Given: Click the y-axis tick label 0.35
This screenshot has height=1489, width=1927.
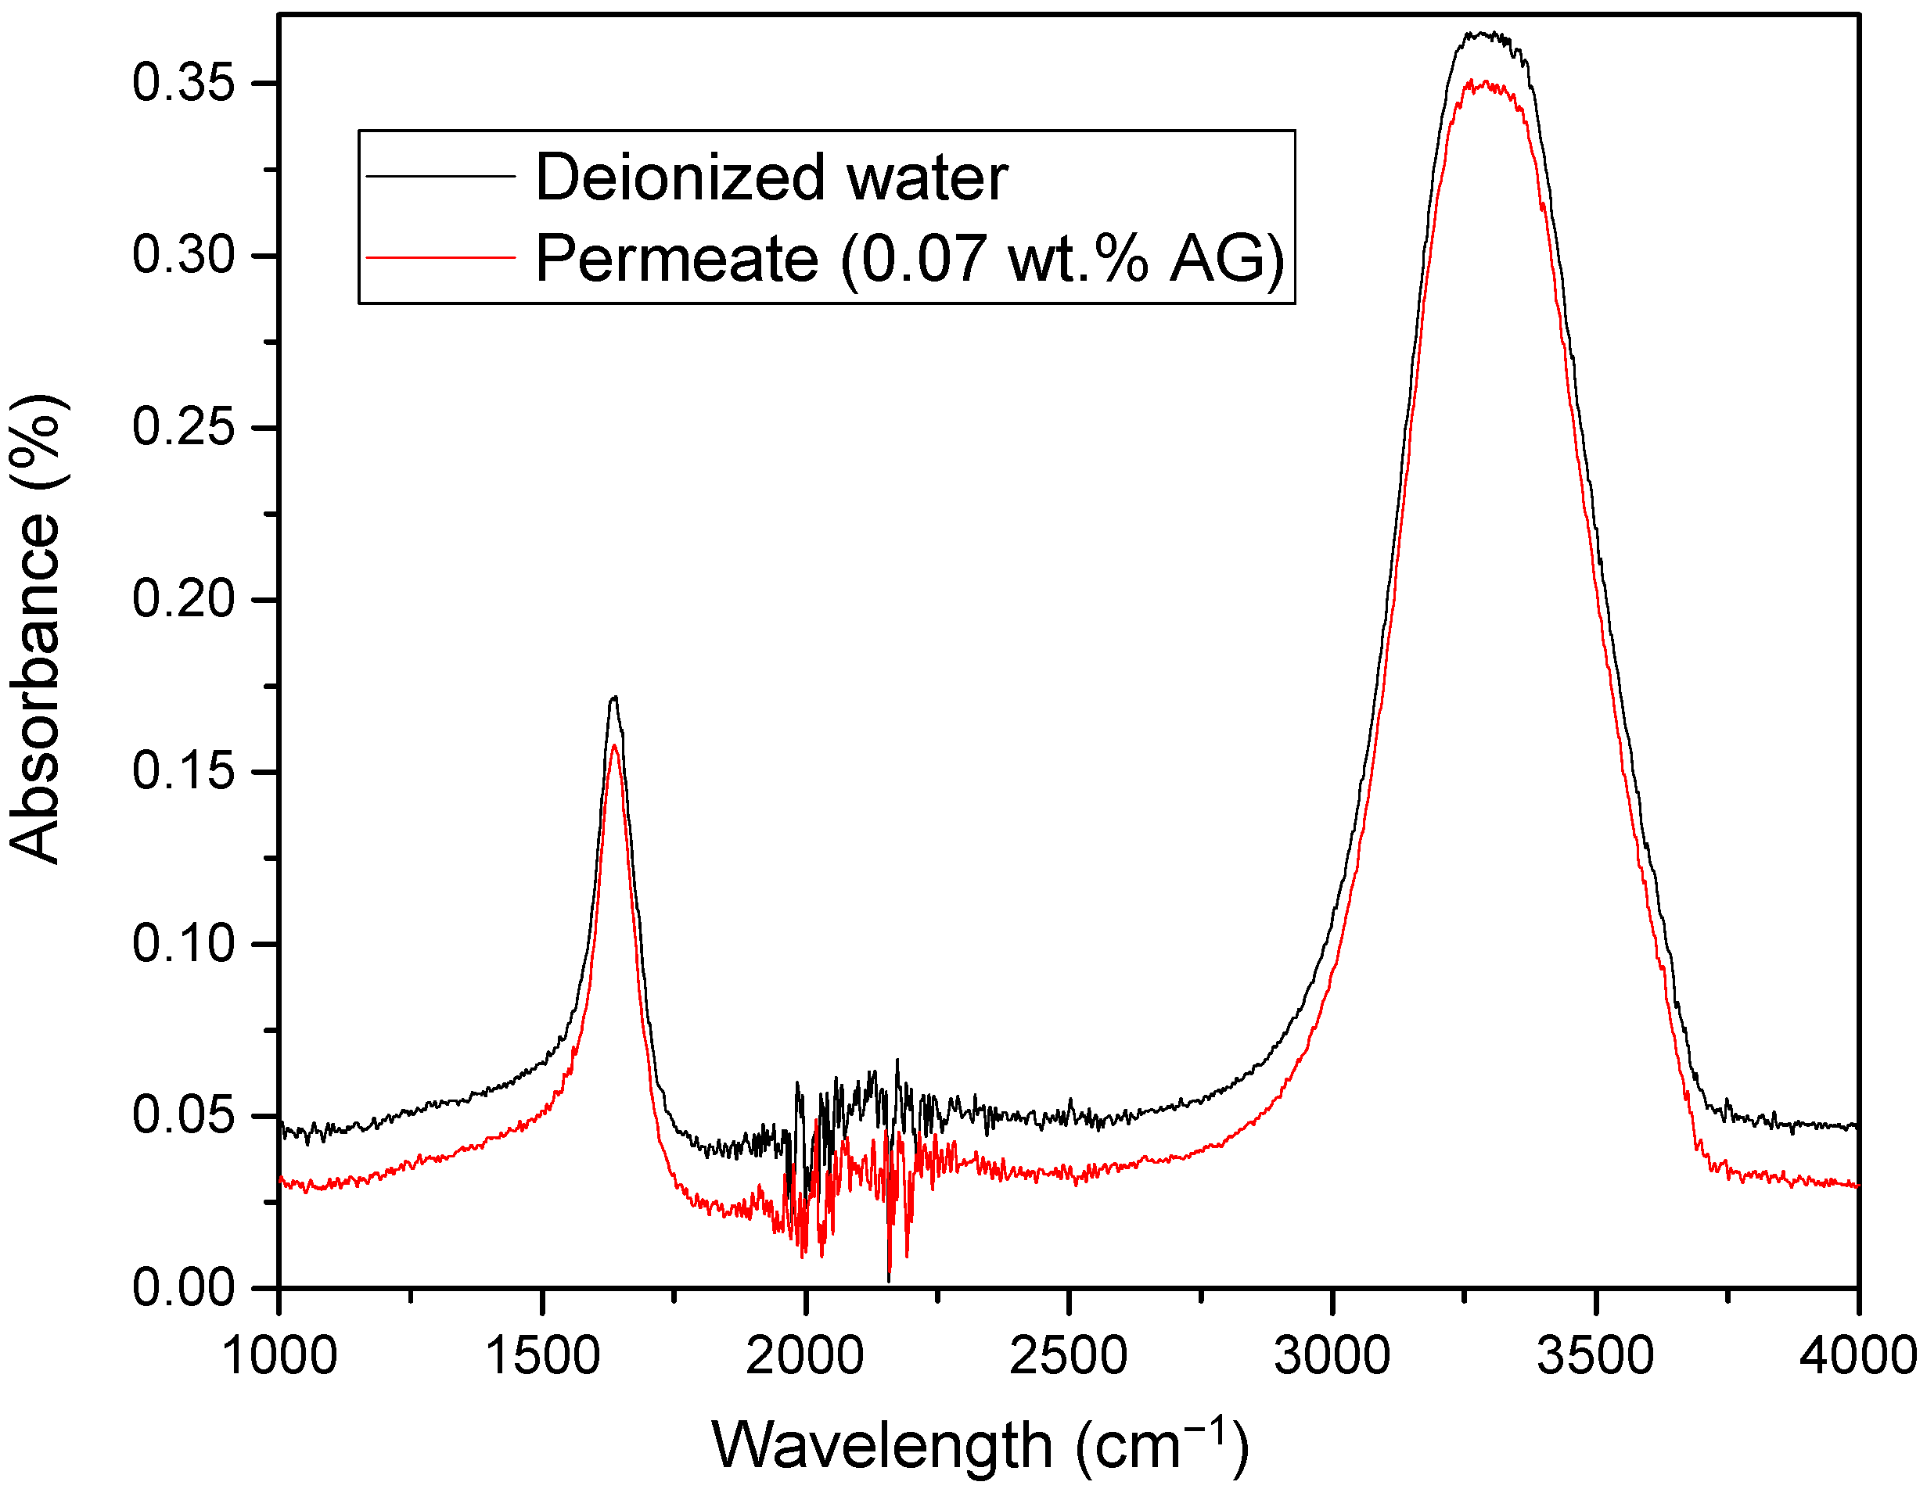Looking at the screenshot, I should (x=184, y=84).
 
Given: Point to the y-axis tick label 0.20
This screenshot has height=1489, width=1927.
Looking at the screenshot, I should (x=184, y=600).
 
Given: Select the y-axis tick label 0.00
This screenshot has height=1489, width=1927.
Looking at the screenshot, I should (x=184, y=1288).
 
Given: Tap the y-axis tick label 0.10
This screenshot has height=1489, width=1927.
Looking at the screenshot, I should (x=184, y=944).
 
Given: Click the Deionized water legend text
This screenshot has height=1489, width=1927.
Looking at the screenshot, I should (x=771, y=178).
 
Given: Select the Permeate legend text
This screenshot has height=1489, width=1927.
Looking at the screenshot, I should (x=909, y=258).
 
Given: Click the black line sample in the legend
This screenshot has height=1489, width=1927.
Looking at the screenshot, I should (x=440, y=177).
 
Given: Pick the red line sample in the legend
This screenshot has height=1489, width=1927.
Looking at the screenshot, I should (x=440, y=257).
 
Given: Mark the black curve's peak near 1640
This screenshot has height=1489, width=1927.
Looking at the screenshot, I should (x=614, y=698).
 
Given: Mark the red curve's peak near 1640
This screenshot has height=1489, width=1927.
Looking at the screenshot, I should (x=614, y=746).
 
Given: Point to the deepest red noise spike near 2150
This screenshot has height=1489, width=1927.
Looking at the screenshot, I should (x=889, y=1279).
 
